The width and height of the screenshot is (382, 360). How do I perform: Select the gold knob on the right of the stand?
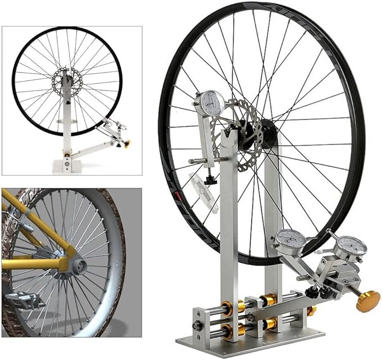pos(367,300)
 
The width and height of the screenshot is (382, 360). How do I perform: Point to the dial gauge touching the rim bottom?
pos(291,240)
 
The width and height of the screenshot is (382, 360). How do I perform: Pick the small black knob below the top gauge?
pos(210,179)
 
